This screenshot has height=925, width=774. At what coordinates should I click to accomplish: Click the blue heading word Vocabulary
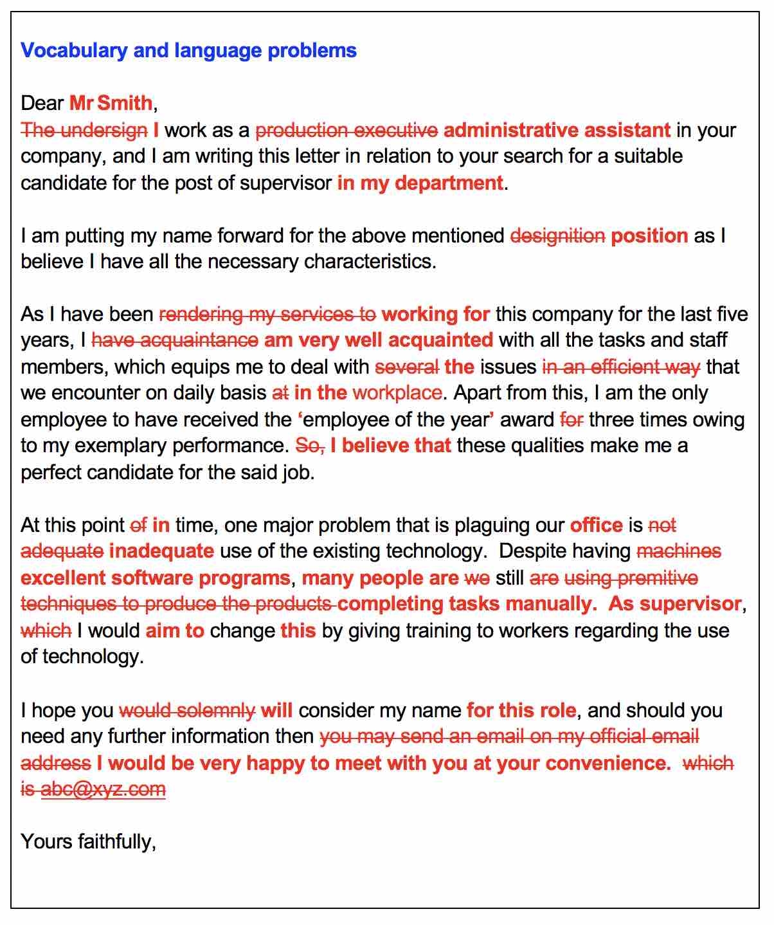74,51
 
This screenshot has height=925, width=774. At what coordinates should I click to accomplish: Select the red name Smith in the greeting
125,103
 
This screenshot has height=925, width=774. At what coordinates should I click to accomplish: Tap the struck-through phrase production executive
346,131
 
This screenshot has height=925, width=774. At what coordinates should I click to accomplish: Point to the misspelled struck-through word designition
557,236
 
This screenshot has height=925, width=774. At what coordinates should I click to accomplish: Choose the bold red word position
649,236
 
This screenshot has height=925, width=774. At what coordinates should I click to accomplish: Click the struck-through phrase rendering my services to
267,315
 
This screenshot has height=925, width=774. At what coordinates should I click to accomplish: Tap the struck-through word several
406,367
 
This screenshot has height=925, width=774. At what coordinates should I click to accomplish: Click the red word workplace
397,393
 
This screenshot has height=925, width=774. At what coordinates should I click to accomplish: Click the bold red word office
596,526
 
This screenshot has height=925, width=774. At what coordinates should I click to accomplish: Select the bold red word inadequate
161,551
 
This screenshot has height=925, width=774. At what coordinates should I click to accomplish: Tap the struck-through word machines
679,551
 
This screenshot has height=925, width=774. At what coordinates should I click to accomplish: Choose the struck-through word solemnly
215,711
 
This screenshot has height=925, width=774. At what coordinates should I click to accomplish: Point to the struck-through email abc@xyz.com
103,789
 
